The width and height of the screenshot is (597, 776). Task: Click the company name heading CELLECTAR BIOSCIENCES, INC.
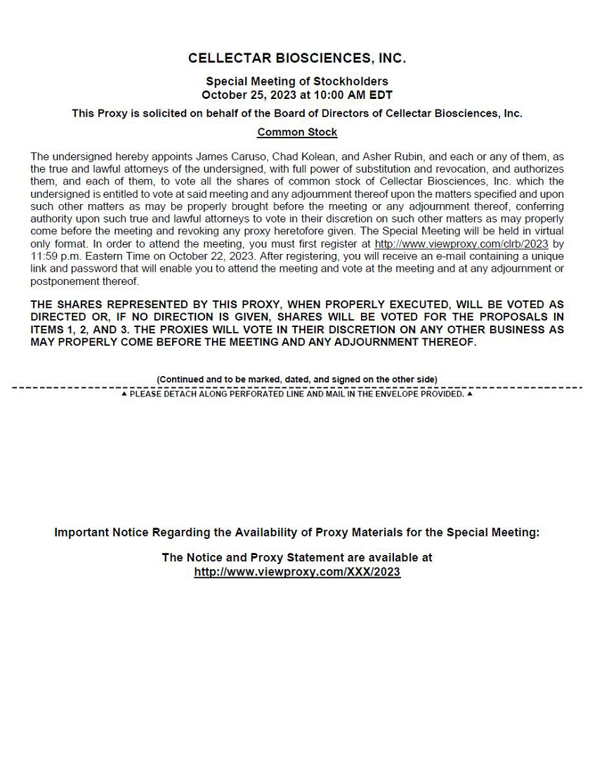(x=297, y=58)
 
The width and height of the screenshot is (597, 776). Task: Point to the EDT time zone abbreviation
(x=381, y=95)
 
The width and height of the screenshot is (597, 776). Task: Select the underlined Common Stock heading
(x=297, y=132)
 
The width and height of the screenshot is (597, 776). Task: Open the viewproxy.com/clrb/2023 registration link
(x=461, y=244)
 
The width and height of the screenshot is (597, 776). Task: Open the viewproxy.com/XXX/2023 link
(x=297, y=572)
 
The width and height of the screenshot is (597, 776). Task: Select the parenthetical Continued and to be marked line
(x=297, y=380)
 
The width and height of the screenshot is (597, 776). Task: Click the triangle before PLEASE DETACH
(x=124, y=394)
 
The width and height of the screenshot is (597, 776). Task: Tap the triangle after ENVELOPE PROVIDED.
(x=470, y=394)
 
